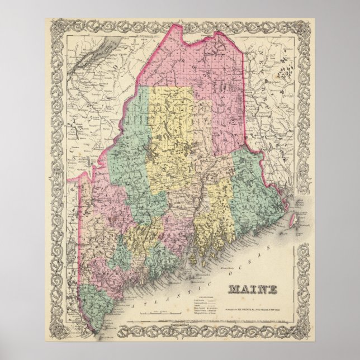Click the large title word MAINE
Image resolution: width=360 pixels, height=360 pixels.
(x=252, y=290)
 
